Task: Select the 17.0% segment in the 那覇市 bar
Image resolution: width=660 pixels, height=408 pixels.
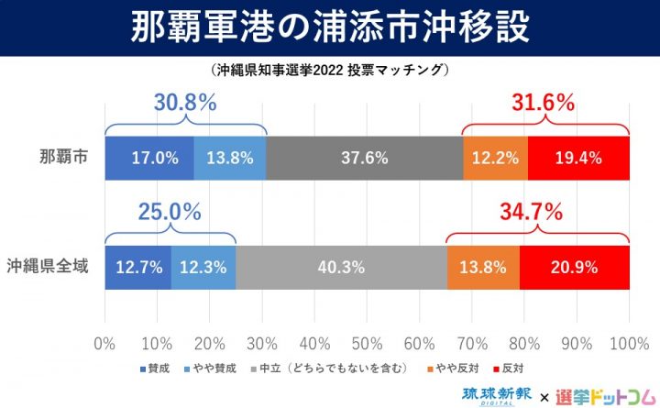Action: [x=149, y=158]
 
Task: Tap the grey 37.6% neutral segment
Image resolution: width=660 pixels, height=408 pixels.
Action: [x=365, y=158]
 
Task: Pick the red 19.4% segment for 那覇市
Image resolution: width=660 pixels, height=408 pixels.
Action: [x=578, y=158]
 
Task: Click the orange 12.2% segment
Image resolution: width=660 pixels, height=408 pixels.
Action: [x=495, y=158]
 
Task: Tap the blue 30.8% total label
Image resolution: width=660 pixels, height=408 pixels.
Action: [x=185, y=103]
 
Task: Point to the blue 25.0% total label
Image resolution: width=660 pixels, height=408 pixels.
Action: [x=170, y=213]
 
